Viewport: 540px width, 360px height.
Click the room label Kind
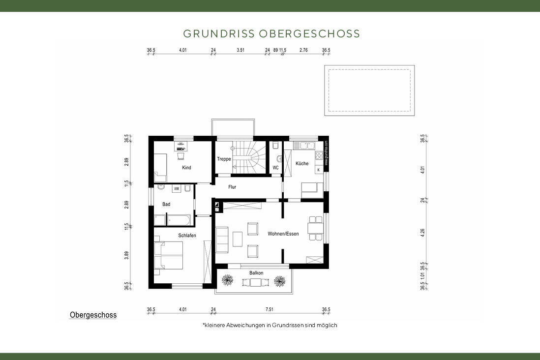point(186,168)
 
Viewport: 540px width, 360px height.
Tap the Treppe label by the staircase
point(224,159)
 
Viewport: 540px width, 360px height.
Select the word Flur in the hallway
point(233,187)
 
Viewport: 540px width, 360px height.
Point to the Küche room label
point(302,163)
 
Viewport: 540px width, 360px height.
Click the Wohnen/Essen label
point(283,234)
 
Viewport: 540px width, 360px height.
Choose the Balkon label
point(256,273)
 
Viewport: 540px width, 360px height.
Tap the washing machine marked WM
point(176,189)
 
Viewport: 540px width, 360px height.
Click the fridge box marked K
point(318,170)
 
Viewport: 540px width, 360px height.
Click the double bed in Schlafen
point(169,255)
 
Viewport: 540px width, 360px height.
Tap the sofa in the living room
point(222,240)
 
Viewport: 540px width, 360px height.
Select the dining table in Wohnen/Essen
point(312,228)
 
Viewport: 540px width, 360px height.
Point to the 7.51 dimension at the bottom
point(270,309)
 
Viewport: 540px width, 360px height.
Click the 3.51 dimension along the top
point(240,50)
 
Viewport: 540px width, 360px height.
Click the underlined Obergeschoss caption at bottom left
point(93,315)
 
